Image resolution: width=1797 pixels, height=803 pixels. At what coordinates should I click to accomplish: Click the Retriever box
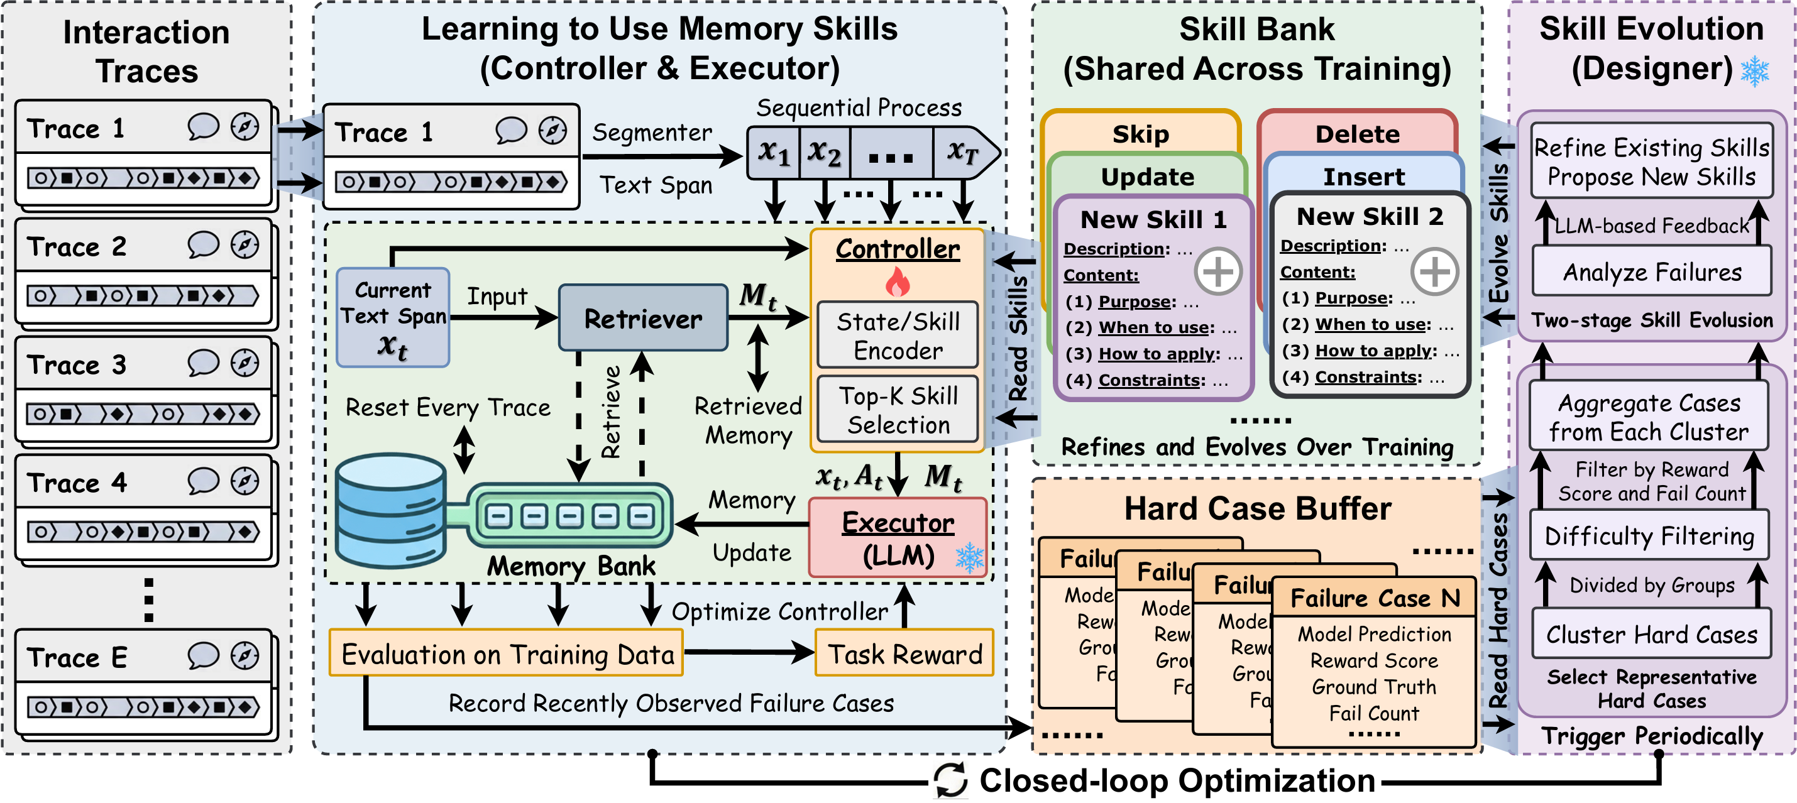coord(642,318)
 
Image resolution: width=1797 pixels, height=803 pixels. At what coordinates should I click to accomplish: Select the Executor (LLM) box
coord(898,538)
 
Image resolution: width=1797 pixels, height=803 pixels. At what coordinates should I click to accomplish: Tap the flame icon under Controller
coord(898,283)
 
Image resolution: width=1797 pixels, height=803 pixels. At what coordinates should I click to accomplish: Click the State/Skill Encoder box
coord(898,336)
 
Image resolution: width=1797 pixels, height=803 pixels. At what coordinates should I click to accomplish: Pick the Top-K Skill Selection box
coord(898,410)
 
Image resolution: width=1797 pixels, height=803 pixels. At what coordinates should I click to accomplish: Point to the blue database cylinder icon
coord(391,510)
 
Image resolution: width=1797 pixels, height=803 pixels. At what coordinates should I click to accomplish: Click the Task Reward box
coord(904,653)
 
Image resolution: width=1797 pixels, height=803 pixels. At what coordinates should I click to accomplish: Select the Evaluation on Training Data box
coord(507,653)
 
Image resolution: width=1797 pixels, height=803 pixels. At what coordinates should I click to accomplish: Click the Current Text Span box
coord(393,318)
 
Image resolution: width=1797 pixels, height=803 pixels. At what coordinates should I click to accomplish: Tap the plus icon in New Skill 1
coord(1218,271)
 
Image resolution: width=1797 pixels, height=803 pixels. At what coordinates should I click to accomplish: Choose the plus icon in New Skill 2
coord(1434,271)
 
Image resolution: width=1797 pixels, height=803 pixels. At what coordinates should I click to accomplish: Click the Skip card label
coord(1141,133)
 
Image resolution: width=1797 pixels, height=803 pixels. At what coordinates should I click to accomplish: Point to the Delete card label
coord(1357,133)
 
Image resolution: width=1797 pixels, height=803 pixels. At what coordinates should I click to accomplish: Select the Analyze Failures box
coord(1652,271)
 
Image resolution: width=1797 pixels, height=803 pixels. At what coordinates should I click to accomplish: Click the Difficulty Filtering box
coord(1649,535)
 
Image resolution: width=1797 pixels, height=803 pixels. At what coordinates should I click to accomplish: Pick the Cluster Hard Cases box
coord(1651,634)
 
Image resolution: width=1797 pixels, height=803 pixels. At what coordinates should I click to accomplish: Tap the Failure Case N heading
coord(1374,598)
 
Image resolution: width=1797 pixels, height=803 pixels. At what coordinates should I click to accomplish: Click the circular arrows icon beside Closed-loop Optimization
coord(951,780)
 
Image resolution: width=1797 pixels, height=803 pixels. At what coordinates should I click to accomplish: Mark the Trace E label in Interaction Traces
coord(77,657)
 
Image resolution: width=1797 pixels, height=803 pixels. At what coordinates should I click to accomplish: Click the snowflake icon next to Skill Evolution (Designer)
coord(1754,71)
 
